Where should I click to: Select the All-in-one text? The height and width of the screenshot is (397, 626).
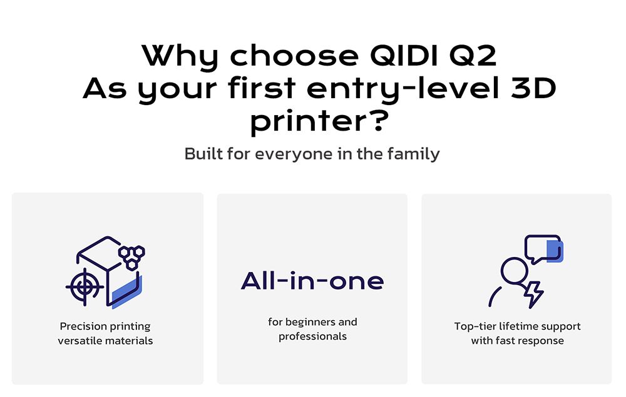point(312,281)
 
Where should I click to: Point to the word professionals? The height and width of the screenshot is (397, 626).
point(312,336)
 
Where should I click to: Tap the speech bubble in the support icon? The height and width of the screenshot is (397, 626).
point(542,248)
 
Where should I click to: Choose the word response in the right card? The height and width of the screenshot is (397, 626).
point(541,341)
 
